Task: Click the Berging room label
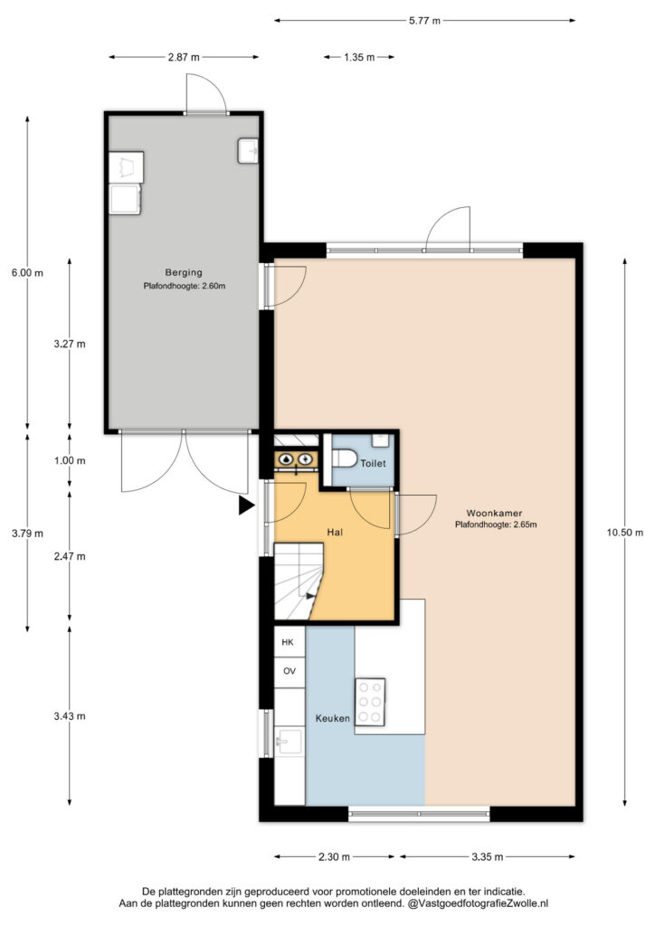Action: pyautogui.click(x=184, y=272)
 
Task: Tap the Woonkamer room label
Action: pyautogui.click(x=494, y=514)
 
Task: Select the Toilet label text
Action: pyautogui.click(x=374, y=464)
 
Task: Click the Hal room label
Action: pyautogui.click(x=335, y=532)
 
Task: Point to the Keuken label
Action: pyautogui.click(x=333, y=718)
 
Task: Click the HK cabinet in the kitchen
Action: pyautogui.click(x=290, y=642)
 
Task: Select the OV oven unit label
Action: pyautogui.click(x=290, y=672)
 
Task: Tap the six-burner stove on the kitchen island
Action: pyautogui.click(x=370, y=703)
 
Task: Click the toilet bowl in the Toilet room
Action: pyautogui.click(x=344, y=458)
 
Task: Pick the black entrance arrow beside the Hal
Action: pyautogui.click(x=246, y=506)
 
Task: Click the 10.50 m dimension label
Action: pyautogui.click(x=625, y=532)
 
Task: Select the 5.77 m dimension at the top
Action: pyautogui.click(x=424, y=21)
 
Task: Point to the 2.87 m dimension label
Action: pyautogui.click(x=184, y=57)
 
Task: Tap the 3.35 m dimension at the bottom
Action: pyautogui.click(x=488, y=857)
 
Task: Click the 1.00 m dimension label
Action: pyautogui.click(x=70, y=460)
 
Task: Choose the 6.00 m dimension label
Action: pyautogui.click(x=27, y=273)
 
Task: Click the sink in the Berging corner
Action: pyautogui.click(x=249, y=151)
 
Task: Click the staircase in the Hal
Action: pyautogui.click(x=299, y=581)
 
